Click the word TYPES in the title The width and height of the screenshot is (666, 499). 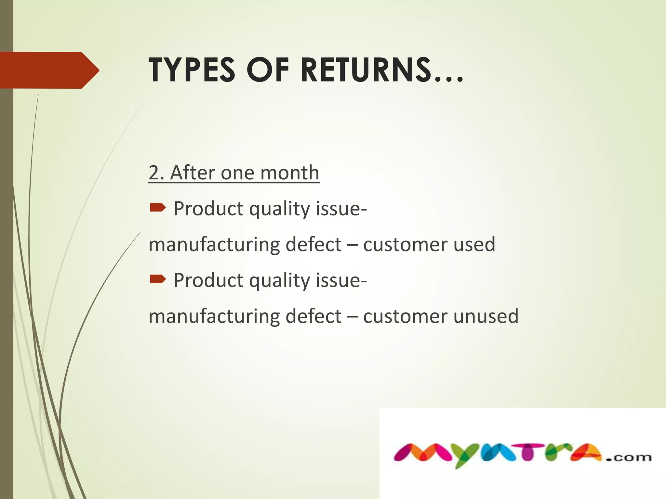pyautogui.click(x=192, y=70)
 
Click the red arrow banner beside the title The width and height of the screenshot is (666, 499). pyautogui.click(x=49, y=70)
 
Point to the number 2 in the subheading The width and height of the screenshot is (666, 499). pyautogui.click(x=154, y=173)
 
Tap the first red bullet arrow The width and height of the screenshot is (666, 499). pyautogui.click(x=158, y=207)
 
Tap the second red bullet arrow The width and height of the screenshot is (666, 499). pyautogui.click(x=158, y=279)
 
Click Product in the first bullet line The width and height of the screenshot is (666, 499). pyautogui.click(x=208, y=208)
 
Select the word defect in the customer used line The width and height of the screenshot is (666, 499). pyautogui.click(x=313, y=244)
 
